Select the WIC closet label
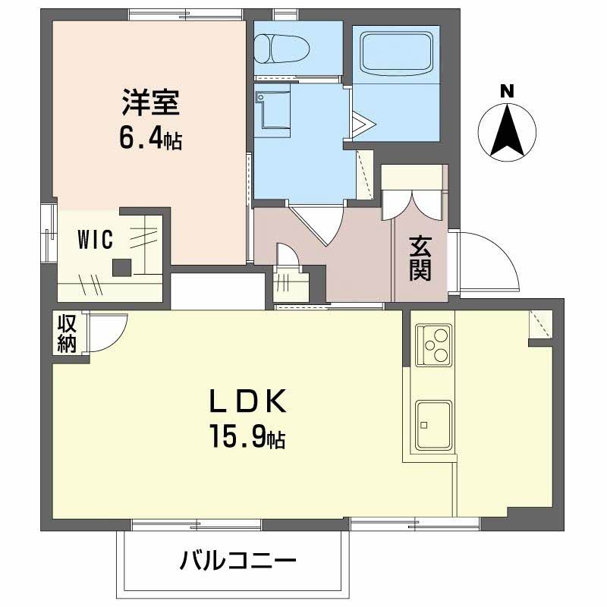pyautogui.click(x=96, y=241)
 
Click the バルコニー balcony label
pyautogui.click(x=237, y=562)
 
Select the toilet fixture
pyautogui.click(x=280, y=47)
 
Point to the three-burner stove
pyautogui.click(x=434, y=344)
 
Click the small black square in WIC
pyautogui.click(x=121, y=267)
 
